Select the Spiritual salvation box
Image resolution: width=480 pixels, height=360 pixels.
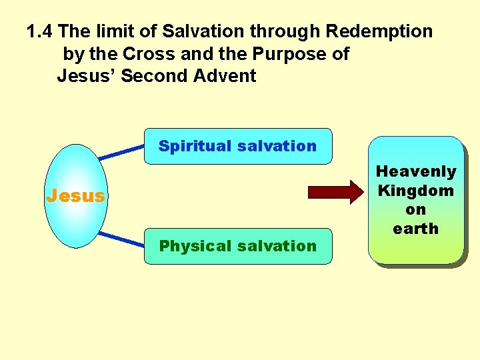pos(238,146)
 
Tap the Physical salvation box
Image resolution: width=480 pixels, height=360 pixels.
pos(238,246)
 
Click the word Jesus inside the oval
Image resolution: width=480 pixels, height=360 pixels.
pos(75,196)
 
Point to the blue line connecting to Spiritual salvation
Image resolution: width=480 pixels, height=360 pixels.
pos(122,152)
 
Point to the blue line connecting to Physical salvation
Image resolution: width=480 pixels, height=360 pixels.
pos(122,240)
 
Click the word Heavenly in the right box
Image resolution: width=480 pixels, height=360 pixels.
pos(416,172)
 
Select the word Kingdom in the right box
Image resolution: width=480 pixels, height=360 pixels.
pos(416,191)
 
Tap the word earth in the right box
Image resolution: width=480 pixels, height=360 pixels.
pos(416,229)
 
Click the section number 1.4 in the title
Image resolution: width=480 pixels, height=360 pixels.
pos(40,31)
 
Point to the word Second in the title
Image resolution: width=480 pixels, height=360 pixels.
pos(155,76)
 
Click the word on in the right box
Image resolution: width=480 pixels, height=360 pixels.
pos(416,209)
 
